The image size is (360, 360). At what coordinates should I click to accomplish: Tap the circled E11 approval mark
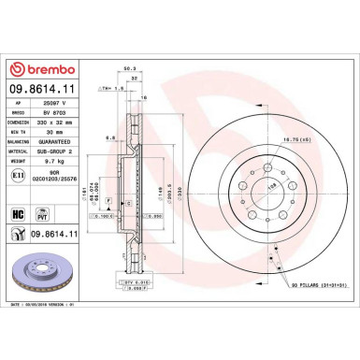(21, 178)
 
